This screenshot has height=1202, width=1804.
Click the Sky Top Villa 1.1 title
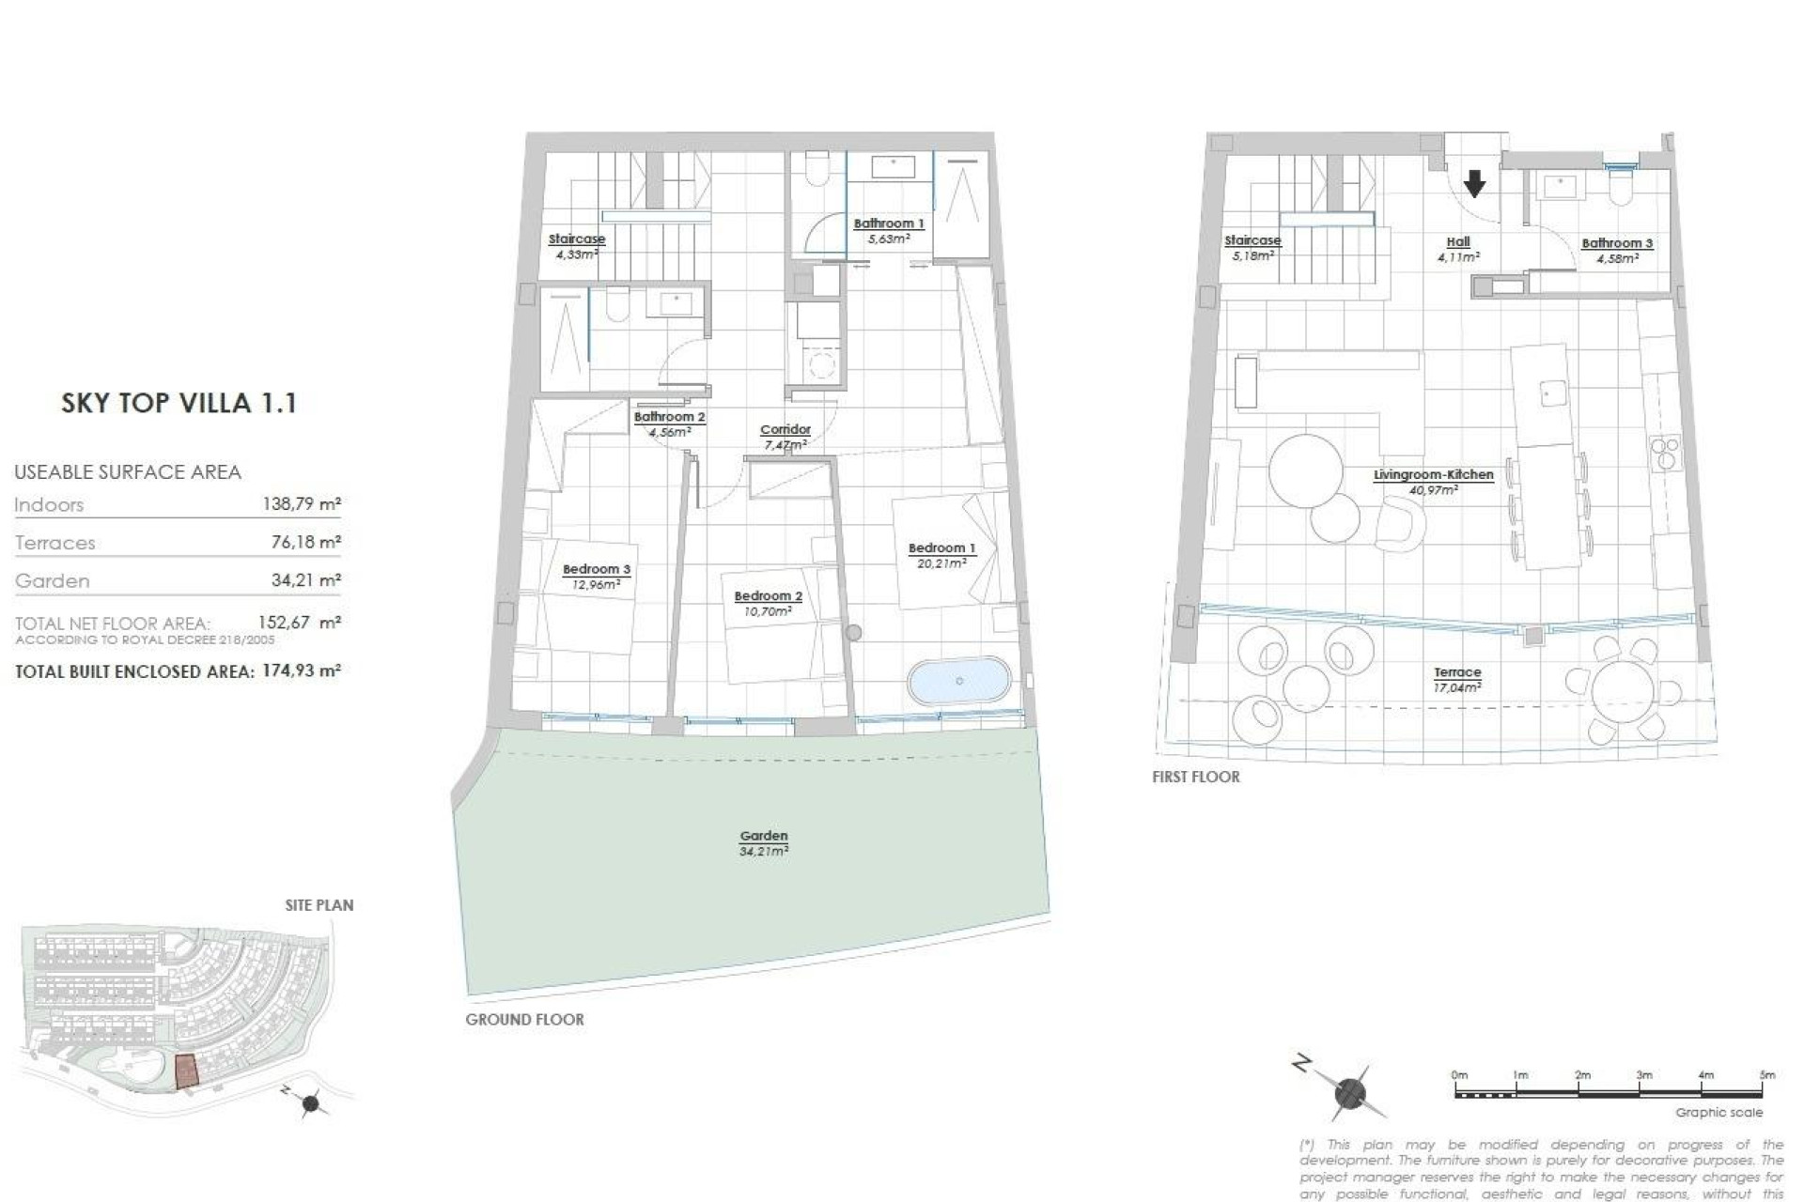tap(179, 403)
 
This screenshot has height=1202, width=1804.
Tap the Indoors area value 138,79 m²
tap(301, 504)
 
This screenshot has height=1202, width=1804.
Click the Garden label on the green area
tap(763, 836)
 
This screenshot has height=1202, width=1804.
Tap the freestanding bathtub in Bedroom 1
tap(959, 681)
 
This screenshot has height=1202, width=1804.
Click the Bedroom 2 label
tap(768, 596)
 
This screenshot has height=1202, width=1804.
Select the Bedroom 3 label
tap(596, 569)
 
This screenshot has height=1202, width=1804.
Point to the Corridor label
tap(785, 430)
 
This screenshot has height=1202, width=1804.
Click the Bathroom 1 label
tap(888, 223)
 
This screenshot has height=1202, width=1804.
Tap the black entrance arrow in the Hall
tap(1474, 183)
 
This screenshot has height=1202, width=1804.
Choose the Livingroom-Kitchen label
tap(1433, 475)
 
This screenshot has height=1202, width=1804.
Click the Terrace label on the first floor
tap(1457, 672)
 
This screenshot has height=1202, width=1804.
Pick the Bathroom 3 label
tap(1616, 243)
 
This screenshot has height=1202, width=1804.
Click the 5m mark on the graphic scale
tap(1766, 1075)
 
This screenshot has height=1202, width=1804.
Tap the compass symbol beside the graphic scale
tap(1350, 1093)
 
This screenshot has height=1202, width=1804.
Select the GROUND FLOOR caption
tap(524, 1019)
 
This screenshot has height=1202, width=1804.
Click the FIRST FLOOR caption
tap(1195, 777)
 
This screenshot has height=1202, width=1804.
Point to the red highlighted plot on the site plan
tap(188, 1070)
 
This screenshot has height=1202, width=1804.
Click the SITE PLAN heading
tap(319, 905)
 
